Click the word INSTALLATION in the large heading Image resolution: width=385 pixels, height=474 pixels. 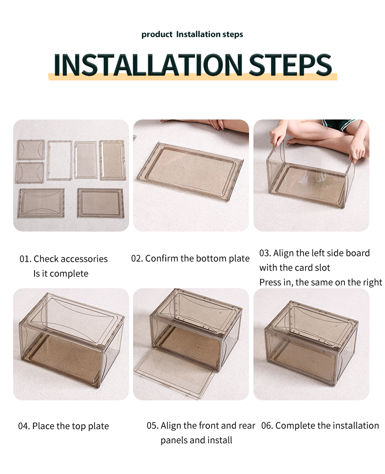click(148, 64)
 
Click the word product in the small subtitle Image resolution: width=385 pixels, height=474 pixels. click(157, 35)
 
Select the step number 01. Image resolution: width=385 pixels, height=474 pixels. click(25, 259)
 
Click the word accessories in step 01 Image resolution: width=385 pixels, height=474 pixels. click(86, 259)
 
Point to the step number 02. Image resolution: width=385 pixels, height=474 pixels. click(137, 258)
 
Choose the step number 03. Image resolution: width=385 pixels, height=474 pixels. click(265, 253)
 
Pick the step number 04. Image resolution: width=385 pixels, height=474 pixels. click(24, 426)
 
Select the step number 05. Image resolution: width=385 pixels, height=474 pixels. click(153, 426)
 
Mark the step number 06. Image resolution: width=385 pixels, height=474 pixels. click(267, 426)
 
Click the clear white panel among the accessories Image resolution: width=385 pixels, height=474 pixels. click(59, 160)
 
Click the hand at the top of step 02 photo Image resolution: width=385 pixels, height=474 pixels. click(216, 124)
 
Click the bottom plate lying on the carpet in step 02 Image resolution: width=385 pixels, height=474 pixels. click(190, 171)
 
